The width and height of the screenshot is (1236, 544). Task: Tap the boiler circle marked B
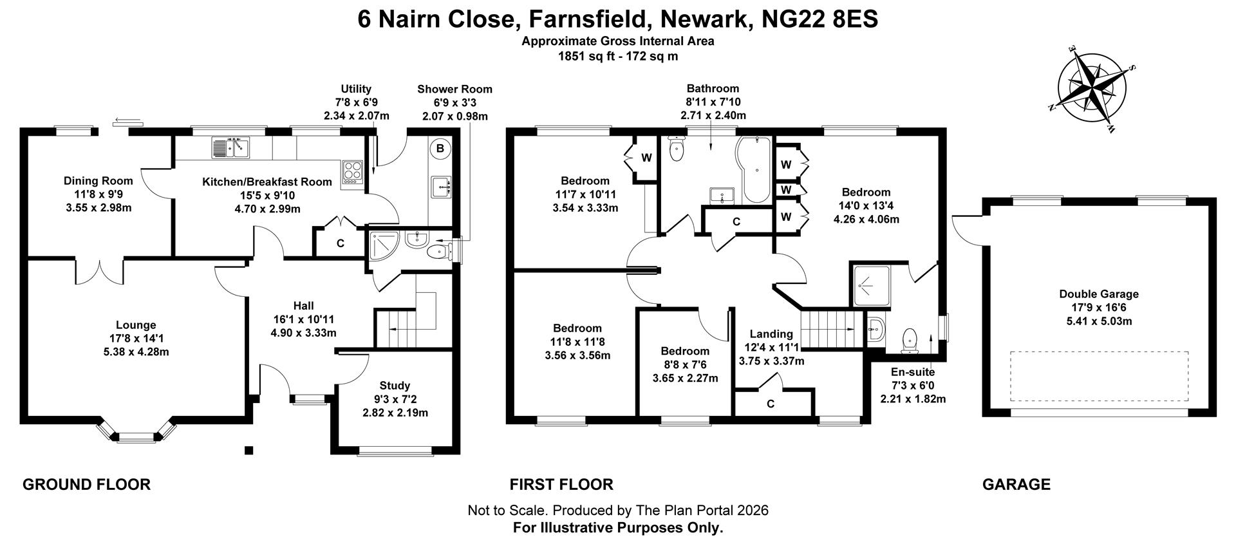point(440,149)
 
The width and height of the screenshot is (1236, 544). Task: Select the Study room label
point(395,386)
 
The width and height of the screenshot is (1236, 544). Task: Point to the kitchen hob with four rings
point(352,172)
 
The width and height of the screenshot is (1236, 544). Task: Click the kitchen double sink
point(230,148)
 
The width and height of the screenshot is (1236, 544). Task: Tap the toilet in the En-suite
point(910,340)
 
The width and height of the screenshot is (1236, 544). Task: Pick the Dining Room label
point(98,181)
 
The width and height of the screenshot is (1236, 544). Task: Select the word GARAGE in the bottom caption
point(1016,484)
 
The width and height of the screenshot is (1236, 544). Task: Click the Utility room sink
point(441,187)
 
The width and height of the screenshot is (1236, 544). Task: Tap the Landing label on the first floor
point(771,333)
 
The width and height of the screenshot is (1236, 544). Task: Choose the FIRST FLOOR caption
point(561,484)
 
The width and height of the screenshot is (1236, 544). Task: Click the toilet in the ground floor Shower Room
point(442,249)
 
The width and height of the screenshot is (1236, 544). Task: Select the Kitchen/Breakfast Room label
point(267,182)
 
